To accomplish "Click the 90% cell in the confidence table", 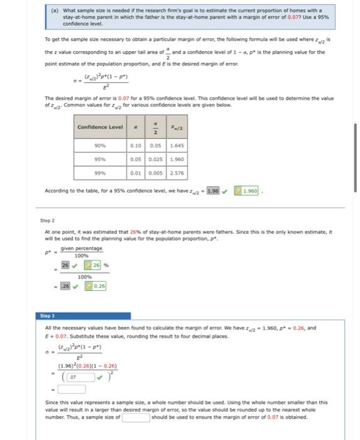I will (x=100, y=146).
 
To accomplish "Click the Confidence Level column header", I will (x=100, y=128).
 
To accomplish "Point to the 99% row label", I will (x=100, y=173).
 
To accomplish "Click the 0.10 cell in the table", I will (x=135, y=146).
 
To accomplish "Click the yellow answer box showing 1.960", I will (x=250, y=190).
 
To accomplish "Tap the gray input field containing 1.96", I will (x=212, y=190).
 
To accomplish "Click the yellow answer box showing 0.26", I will (x=97, y=286).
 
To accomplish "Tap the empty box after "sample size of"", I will (x=136, y=416).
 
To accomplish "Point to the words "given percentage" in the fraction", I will (x=81, y=248).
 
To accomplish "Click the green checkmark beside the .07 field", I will (x=99, y=377).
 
